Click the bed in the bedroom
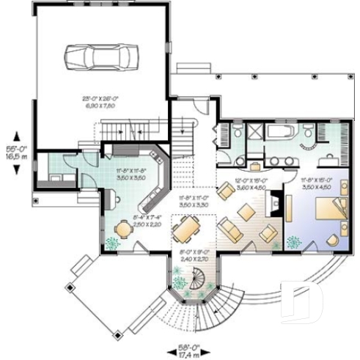coord(323,213)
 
